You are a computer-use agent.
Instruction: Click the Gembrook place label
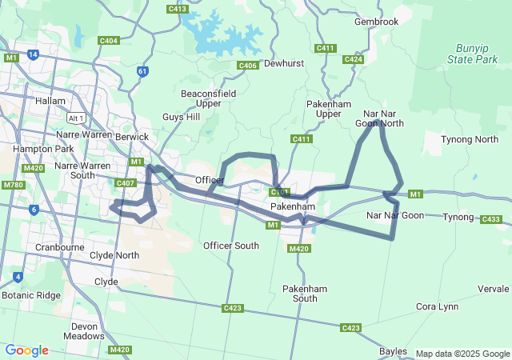point(376,22)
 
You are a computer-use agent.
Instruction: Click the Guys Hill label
point(182,117)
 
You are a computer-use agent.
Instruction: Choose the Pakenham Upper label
point(329,109)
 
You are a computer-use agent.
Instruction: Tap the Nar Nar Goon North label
point(379,118)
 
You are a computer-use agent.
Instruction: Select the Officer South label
point(231,246)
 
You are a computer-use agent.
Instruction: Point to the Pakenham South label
point(299,293)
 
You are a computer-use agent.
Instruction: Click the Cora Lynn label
point(437,306)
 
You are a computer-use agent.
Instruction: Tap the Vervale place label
point(493,288)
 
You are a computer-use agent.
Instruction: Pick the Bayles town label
point(394,351)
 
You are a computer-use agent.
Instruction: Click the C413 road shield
point(178,9)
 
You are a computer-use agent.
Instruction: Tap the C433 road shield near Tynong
point(491,219)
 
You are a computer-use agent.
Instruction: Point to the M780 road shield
point(12,185)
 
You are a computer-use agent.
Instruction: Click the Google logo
point(27,350)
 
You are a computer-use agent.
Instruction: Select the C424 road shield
point(353,59)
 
